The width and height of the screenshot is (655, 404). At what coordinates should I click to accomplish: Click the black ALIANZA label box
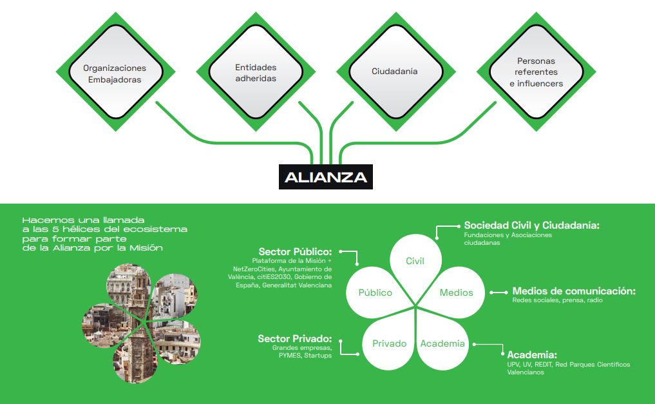326,177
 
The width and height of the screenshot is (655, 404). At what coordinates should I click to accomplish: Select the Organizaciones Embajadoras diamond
116,72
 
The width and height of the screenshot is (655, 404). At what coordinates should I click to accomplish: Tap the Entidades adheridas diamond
256,72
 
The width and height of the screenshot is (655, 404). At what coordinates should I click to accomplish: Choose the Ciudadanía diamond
396,72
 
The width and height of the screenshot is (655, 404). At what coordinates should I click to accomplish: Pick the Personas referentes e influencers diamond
536,72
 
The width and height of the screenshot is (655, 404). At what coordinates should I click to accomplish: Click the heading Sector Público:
295,251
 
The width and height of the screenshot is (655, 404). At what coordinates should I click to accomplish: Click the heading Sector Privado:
294,338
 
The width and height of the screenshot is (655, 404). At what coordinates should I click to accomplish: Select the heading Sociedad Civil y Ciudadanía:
532,226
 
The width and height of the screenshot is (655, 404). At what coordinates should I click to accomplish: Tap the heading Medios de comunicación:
574,291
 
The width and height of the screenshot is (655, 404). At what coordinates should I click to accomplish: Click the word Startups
318,356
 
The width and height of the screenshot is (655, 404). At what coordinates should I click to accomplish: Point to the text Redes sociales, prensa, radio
557,300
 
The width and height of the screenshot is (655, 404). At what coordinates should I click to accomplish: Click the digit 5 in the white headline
55,229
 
